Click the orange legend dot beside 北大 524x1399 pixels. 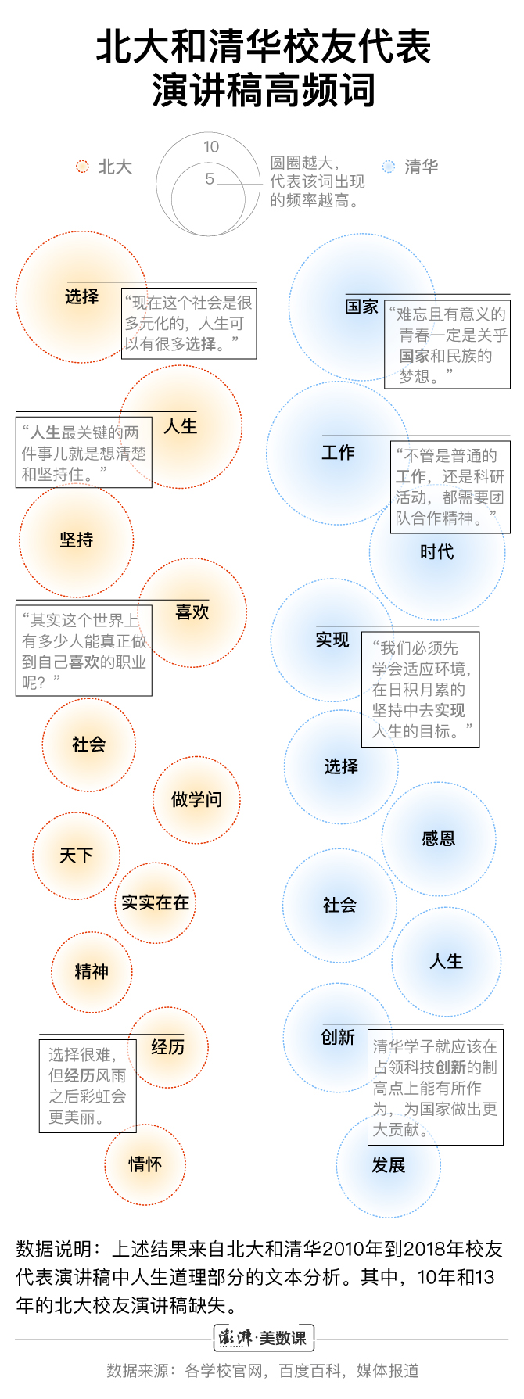tap(82, 167)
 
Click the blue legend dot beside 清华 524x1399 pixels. tap(389, 167)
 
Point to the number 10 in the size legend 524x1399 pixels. tap(211, 146)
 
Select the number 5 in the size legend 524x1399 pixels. tap(210, 179)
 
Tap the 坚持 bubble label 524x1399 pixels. tap(77, 540)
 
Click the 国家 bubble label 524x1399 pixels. tap(361, 307)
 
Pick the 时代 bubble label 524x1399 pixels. tap(436, 551)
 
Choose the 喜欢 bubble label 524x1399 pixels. tap(192, 612)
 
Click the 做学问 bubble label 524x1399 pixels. tap(196, 799)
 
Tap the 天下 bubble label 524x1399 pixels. tap(77, 856)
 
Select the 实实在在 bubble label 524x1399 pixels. tap(155, 902)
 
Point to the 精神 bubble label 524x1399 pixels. tap(92, 971)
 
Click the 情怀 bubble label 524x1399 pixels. tap(145, 1164)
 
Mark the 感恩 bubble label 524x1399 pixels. tap(438, 838)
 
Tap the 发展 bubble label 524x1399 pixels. tap(388, 1165)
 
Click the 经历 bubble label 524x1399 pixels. tap(168, 1046)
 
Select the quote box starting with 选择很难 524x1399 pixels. tap(88, 1085)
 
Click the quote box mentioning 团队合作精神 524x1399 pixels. tap(450, 487)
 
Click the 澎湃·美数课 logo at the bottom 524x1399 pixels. tap(264, 1338)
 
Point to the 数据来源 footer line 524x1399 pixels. tap(263, 1370)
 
